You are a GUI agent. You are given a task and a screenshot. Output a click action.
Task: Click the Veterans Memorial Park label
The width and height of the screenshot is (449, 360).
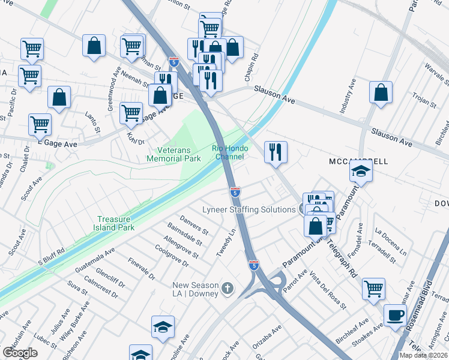[x=174, y=154]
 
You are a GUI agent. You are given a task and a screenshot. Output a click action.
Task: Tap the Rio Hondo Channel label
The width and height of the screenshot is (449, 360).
[x=228, y=152]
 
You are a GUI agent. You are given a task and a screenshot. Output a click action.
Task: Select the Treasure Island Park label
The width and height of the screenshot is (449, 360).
[x=113, y=223]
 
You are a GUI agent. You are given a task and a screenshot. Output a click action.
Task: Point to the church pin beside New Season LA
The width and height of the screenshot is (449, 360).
[x=227, y=289]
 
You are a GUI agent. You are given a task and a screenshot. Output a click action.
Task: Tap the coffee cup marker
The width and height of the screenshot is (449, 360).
[x=395, y=316]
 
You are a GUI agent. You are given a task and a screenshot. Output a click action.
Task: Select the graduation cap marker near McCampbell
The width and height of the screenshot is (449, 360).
[x=361, y=172]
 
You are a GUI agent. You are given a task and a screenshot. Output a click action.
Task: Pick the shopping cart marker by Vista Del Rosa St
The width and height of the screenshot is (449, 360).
[x=373, y=289]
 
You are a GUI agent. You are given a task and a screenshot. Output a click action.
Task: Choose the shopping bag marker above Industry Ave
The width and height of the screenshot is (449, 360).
[x=381, y=92]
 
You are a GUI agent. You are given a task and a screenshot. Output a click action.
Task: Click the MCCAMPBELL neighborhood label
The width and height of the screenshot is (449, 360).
[x=358, y=162]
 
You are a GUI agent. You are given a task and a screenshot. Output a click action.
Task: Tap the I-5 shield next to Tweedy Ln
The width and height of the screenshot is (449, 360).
[x=235, y=192]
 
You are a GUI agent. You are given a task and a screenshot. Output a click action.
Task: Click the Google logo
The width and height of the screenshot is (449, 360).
[x=20, y=353]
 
